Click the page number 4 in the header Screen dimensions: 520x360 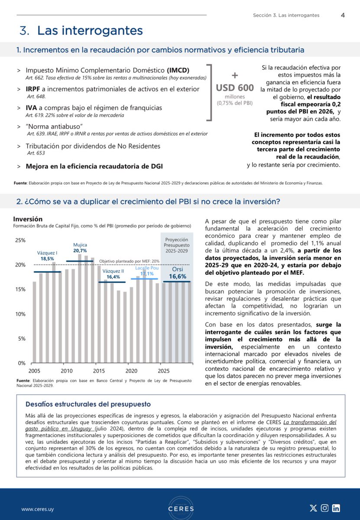pos(343,15)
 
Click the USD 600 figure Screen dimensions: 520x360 pos(235,88)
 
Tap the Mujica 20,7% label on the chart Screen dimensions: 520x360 pos(80,248)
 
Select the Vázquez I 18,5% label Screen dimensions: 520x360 pos(47,256)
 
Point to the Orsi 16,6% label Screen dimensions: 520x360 pos(178,273)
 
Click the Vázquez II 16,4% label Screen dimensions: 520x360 pos(114,274)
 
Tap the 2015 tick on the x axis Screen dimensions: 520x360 pos(99,371)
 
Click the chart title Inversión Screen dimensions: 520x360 pos(28,219)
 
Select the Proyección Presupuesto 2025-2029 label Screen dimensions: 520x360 pos(177,245)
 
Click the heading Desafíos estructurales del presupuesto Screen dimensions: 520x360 pos(88,404)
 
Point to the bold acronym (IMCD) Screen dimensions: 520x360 pos(178,70)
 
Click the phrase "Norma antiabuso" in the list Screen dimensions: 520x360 pos(54,127)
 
